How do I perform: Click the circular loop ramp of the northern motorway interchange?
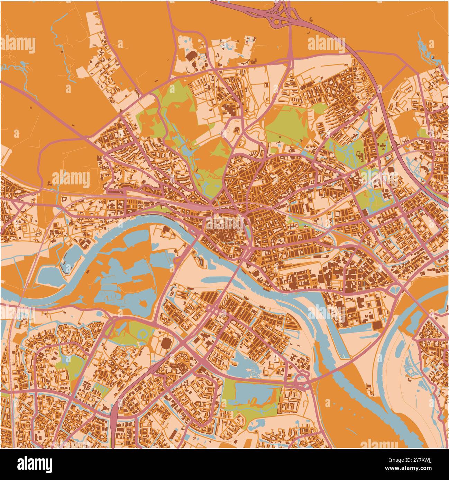[277, 21]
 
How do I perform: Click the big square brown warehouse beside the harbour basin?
[376, 325]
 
